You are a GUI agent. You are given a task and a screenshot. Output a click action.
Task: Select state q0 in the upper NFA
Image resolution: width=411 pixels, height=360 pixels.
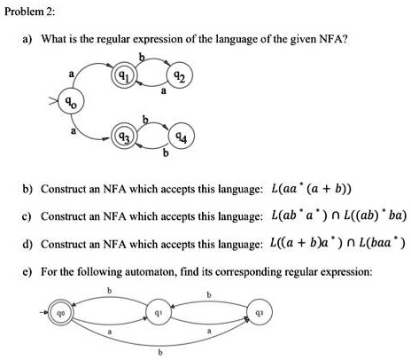pyautogui.click(x=66, y=105)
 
